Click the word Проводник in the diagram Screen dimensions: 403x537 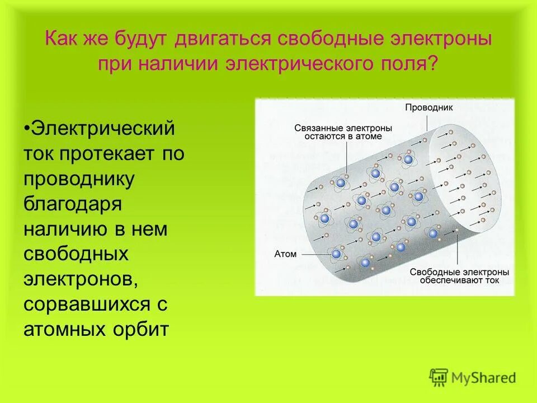(x=428, y=107)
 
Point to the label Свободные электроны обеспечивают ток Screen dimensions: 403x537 (x=459, y=275)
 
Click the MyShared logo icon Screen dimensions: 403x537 (x=439, y=377)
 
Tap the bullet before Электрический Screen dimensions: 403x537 (x=27, y=128)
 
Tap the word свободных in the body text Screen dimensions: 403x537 (x=76, y=254)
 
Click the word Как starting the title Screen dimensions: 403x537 (x=61, y=40)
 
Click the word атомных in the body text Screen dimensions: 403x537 (x=61, y=329)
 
